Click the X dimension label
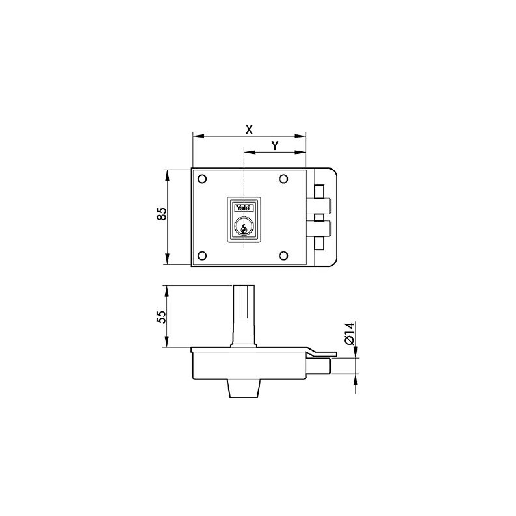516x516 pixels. (x=249, y=130)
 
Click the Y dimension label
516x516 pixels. (x=275, y=146)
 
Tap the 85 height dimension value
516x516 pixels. (x=162, y=214)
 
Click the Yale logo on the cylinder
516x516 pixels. (x=243, y=208)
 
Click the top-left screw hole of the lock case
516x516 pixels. (x=202, y=179)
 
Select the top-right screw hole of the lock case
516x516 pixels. (x=283, y=179)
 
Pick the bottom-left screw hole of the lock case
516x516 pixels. (x=202, y=256)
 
